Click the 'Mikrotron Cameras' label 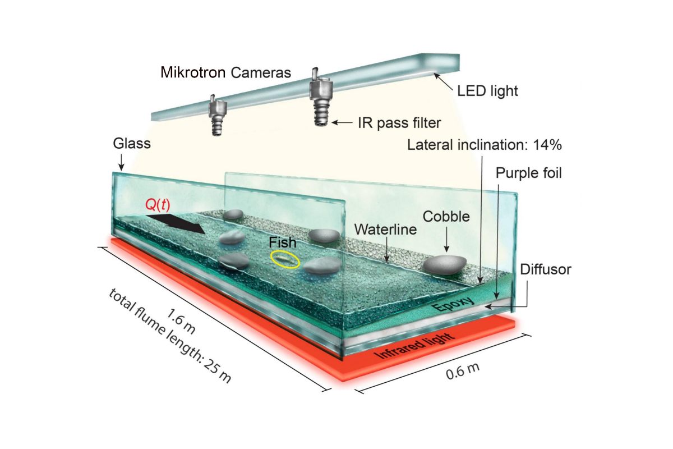click(225, 72)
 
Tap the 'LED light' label click(485, 90)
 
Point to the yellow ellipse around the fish click(285, 259)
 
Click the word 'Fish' click(282, 244)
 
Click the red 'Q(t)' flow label click(158, 206)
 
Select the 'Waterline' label click(385, 230)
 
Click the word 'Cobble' click(446, 217)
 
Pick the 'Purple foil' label click(528, 173)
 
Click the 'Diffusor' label click(545, 269)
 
